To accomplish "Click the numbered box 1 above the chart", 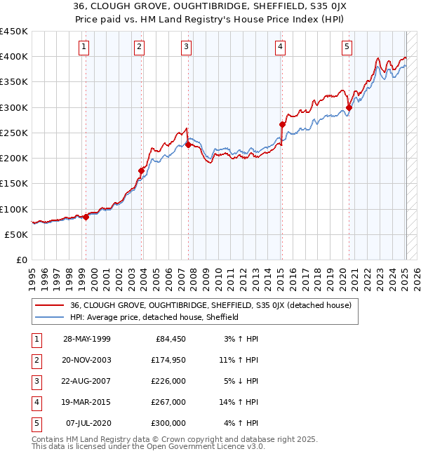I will point(83,47).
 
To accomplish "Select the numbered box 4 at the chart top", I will point(280,47).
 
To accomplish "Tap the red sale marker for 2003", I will point(141,170).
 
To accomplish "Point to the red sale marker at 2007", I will point(188,145).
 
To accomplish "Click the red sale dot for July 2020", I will point(349,107).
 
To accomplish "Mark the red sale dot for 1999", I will point(86,217).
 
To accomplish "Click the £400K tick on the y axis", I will point(14,56).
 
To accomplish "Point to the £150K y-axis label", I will point(14,184).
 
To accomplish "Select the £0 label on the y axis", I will point(22,260).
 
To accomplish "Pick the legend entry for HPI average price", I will point(154,317).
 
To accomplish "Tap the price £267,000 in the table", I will point(168,402).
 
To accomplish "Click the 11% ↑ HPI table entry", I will point(239,360).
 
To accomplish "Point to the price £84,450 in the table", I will point(171,339).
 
